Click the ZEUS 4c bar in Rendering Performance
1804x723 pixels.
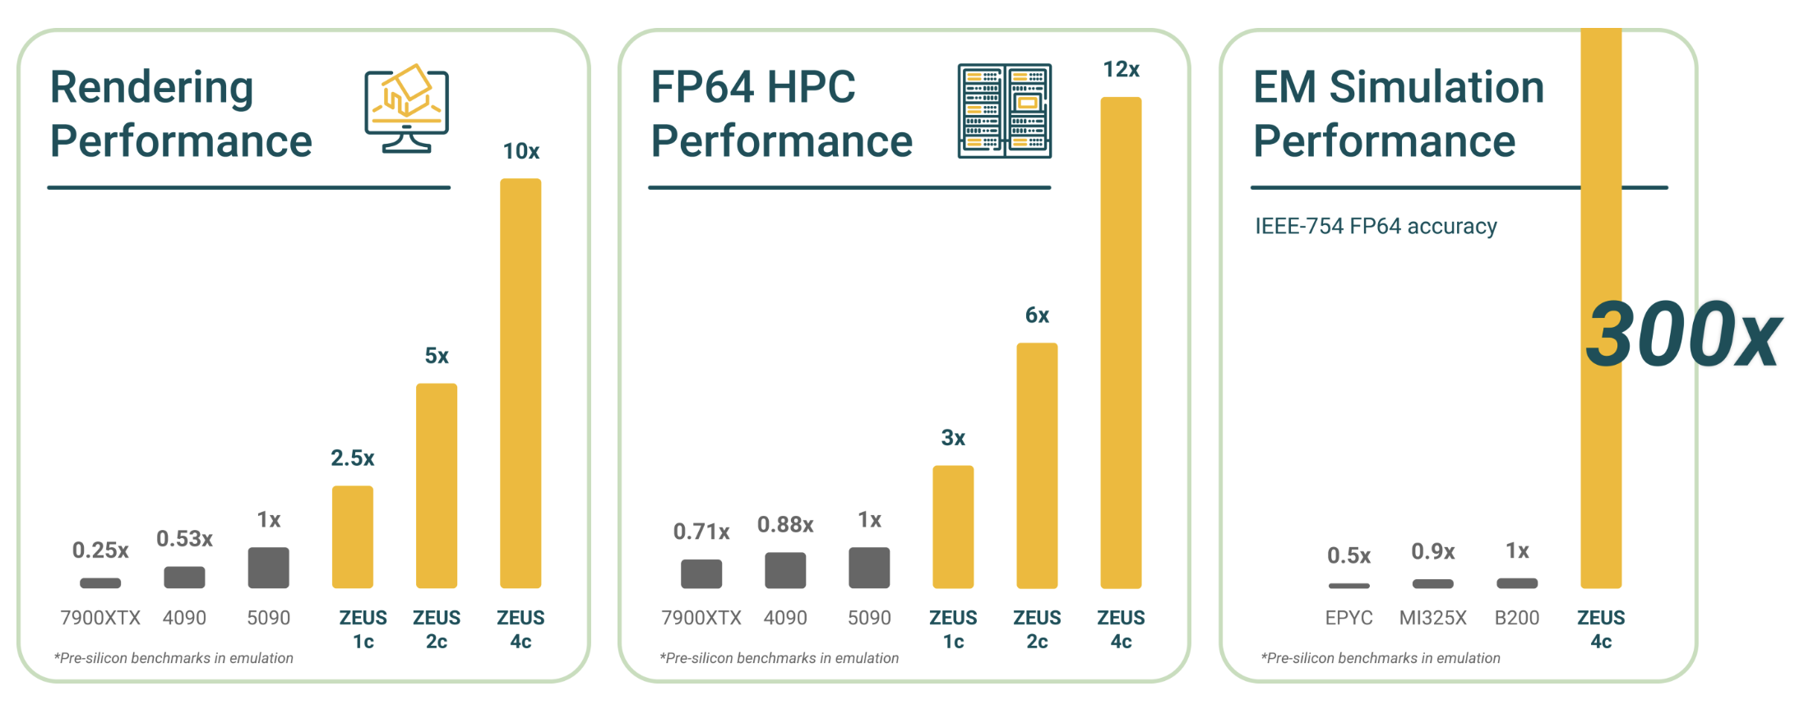[520, 383]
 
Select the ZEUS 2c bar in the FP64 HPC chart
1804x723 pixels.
[1037, 465]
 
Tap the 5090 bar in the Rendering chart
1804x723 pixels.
[269, 568]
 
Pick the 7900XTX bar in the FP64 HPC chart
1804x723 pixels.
[701, 573]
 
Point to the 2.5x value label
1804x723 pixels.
[353, 458]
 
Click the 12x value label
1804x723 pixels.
[1121, 70]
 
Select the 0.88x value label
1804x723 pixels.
[785, 525]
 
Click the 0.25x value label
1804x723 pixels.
[100, 550]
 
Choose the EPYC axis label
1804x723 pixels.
[1348, 618]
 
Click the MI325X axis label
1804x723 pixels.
[1432, 618]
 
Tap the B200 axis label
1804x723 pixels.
[1516, 618]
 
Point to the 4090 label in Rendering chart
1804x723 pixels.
[184, 618]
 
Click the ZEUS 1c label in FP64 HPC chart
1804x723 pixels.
[953, 629]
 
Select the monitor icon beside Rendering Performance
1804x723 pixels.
[407, 108]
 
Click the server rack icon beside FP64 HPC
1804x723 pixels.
[1004, 111]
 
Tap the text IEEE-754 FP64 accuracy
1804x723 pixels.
[1376, 226]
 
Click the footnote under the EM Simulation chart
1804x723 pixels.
[1381, 658]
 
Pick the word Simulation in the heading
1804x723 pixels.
[1436, 87]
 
